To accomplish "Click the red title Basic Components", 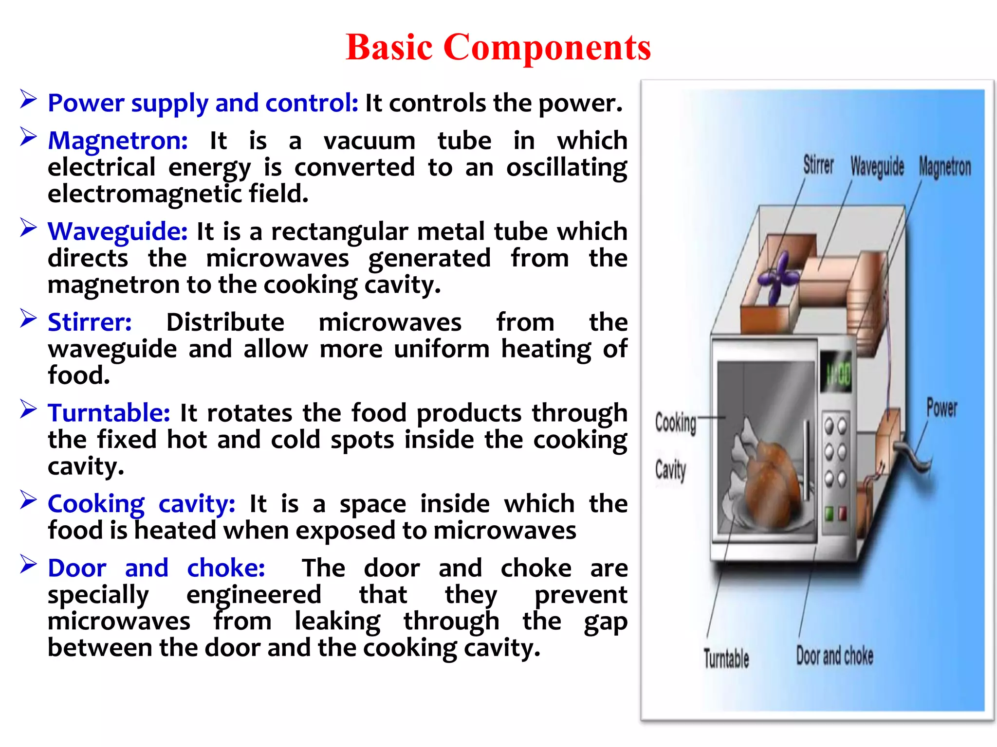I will point(498,48).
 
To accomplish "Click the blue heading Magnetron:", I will point(118,141).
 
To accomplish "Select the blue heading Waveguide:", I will point(117,231).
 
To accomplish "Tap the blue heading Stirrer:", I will point(90,322).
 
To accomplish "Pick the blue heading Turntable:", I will point(109,413).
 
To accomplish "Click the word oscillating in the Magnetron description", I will point(566,168).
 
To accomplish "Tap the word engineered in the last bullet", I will point(254,595).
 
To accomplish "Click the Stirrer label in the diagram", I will point(818,165).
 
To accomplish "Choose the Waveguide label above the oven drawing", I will point(877,167).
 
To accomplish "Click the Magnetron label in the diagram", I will point(944,167).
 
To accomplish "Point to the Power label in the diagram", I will point(941,408).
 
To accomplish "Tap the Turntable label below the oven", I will point(726,658).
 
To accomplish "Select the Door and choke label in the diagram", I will point(834,656).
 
